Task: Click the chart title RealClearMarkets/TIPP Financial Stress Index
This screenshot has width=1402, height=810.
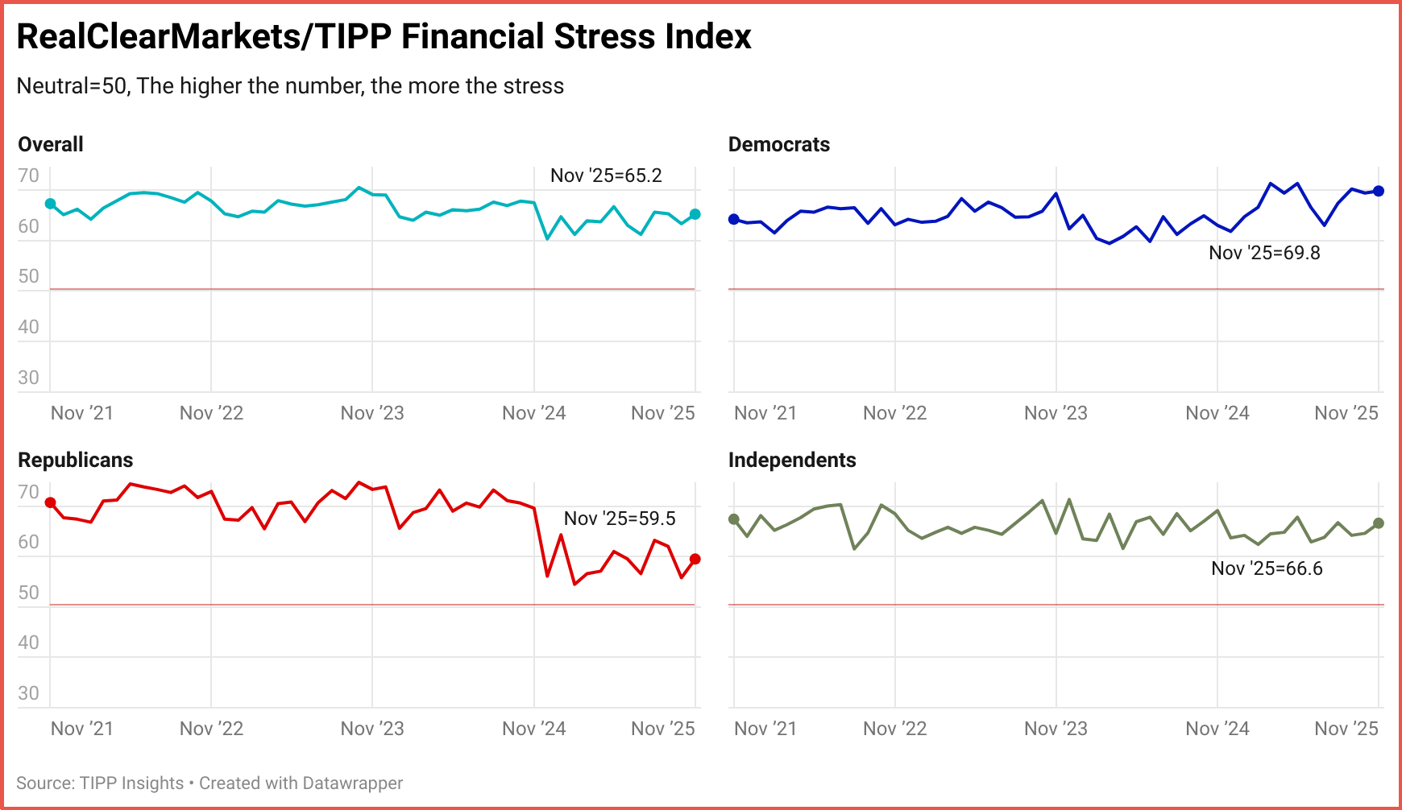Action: (384, 37)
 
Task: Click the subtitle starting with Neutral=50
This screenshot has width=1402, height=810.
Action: (290, 86)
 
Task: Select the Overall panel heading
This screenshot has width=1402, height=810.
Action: (51, 145)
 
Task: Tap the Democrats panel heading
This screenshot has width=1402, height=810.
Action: (778, 145)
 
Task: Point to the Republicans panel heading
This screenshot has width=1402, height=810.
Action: (75, 461)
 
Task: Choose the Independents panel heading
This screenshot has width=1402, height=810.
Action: (791, 461)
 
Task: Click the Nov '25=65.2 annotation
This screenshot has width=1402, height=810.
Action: (606, 176)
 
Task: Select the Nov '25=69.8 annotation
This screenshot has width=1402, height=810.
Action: (1264, 253)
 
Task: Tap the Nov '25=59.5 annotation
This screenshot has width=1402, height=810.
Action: (620, 519)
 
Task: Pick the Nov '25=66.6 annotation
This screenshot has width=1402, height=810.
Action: (1267, 568)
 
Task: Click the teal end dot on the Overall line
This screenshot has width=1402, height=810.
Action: (695, 214)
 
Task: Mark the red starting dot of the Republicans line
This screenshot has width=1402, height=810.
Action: (50, 502)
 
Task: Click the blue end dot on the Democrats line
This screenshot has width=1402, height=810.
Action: (1379, 191)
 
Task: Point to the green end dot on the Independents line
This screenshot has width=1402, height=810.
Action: (1379, 523)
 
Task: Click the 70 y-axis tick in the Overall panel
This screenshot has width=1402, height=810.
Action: (28, 176)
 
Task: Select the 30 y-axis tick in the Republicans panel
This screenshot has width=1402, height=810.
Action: (28, 693)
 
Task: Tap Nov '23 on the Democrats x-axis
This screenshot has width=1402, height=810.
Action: (1056, 413)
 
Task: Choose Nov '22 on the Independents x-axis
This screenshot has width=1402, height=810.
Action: (894, 729)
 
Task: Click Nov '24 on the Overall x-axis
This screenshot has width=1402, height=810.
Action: (533, 413)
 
